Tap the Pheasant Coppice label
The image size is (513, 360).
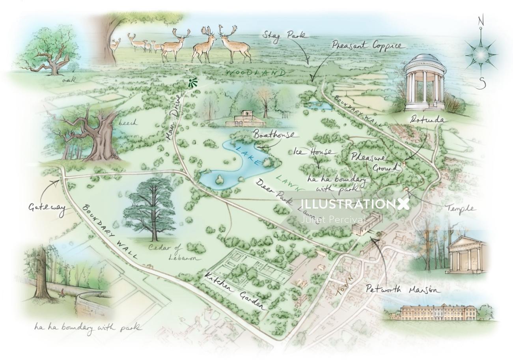pos(367,45)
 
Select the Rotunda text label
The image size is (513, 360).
pos(427,119)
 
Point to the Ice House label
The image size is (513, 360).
pos(315,152)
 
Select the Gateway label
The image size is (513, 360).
pos(47,208)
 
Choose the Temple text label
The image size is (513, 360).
pos(461,208)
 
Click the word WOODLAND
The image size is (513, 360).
pos(256,73)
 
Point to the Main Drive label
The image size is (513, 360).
pos(173,117)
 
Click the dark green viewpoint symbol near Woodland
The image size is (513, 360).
pos(192,83)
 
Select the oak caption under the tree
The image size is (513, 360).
pos(69,80)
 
